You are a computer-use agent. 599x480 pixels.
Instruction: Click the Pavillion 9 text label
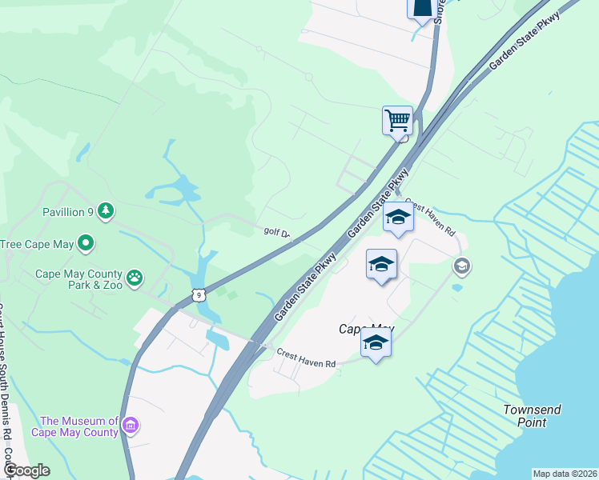(x=68, y=212)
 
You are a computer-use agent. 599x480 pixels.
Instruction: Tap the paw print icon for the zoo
(x=135, y=278)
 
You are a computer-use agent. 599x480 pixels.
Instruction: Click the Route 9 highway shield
(x=199, y=295)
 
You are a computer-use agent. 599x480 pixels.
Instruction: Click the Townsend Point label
(x=532, y=416)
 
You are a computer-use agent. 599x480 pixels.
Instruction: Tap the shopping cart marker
(x=397, y=121)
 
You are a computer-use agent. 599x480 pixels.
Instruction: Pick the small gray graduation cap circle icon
(x=460, y=265)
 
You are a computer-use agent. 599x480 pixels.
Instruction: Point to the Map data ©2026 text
(x=565, y=474)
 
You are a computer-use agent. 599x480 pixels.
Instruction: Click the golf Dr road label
(x=279, y=233)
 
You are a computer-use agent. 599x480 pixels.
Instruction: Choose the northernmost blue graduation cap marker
(x=398, y=218)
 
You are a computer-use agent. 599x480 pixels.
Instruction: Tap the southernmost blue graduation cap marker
(x=376, y=343)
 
